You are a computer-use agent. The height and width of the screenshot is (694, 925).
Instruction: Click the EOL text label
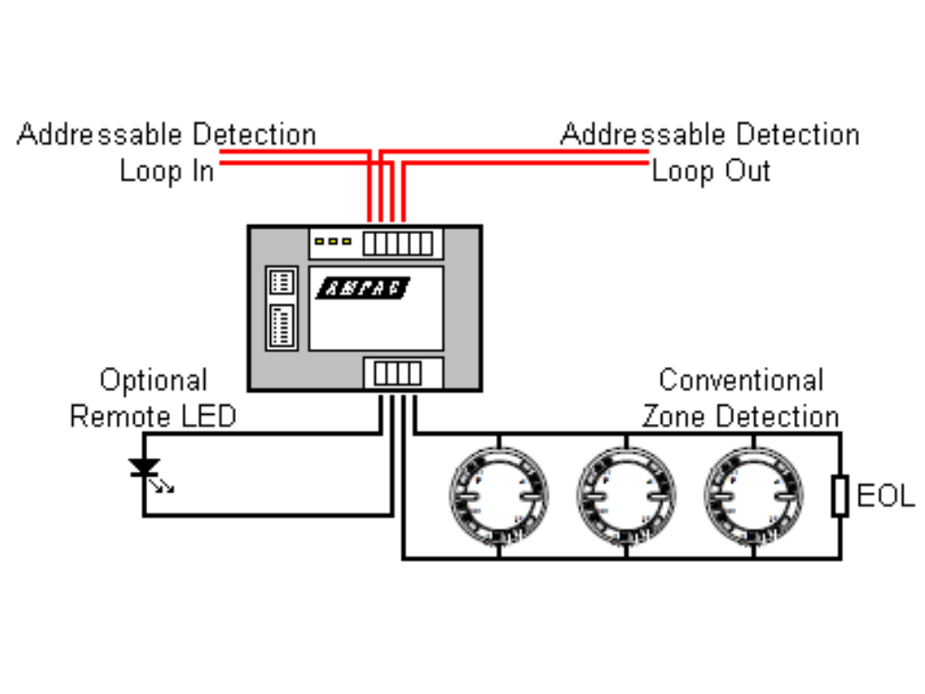885,496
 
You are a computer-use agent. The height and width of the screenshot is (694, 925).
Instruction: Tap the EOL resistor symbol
840,496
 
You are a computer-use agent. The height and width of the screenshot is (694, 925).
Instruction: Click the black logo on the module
363,288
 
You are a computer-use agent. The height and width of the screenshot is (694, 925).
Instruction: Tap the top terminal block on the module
397,243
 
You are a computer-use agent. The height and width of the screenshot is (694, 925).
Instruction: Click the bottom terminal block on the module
397,373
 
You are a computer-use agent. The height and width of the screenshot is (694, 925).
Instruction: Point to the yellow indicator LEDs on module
332,241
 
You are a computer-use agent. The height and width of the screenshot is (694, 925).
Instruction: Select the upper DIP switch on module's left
282,282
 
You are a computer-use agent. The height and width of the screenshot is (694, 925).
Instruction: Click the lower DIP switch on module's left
282,325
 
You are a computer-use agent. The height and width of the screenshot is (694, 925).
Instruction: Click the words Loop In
167,172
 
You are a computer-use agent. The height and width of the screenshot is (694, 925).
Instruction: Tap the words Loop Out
712,172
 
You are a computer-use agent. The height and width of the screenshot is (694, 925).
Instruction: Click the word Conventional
742,380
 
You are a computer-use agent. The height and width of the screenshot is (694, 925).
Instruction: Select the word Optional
154,380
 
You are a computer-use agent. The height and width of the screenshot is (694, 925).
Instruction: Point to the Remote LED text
154,416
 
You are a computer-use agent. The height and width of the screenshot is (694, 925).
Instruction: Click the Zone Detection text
741,416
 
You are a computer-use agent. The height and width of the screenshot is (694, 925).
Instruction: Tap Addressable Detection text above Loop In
167,134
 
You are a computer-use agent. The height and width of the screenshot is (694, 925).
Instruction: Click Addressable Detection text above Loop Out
710,134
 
